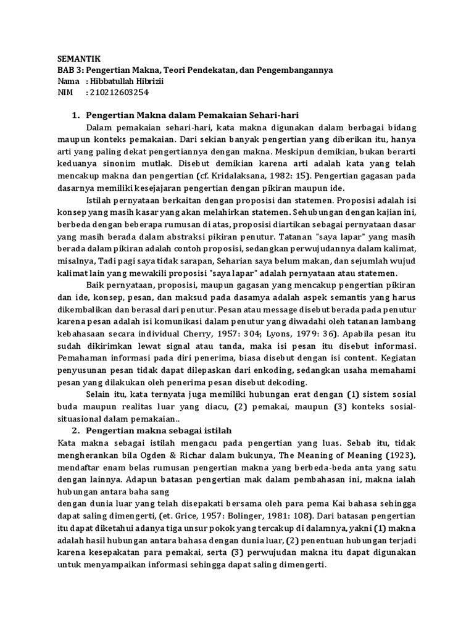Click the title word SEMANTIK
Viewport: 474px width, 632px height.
click(x=75, y=59)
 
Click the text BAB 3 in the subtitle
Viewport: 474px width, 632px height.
click(x=67, y=70)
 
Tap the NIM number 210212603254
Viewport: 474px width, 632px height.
click(x=120, y=93)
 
